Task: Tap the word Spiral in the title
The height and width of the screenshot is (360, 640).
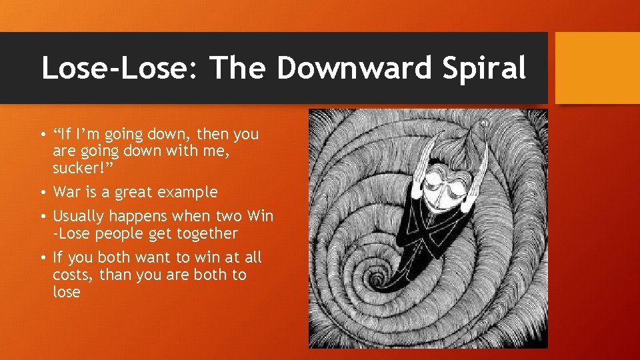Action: point(487,68)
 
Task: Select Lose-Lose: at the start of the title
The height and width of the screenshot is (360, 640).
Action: point(119,68)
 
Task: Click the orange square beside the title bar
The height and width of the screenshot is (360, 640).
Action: point(597,68)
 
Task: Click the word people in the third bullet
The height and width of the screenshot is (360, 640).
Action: point(127,233)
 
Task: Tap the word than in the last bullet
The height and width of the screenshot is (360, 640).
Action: point(115,275)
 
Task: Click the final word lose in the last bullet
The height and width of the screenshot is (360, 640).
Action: point(67,292)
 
